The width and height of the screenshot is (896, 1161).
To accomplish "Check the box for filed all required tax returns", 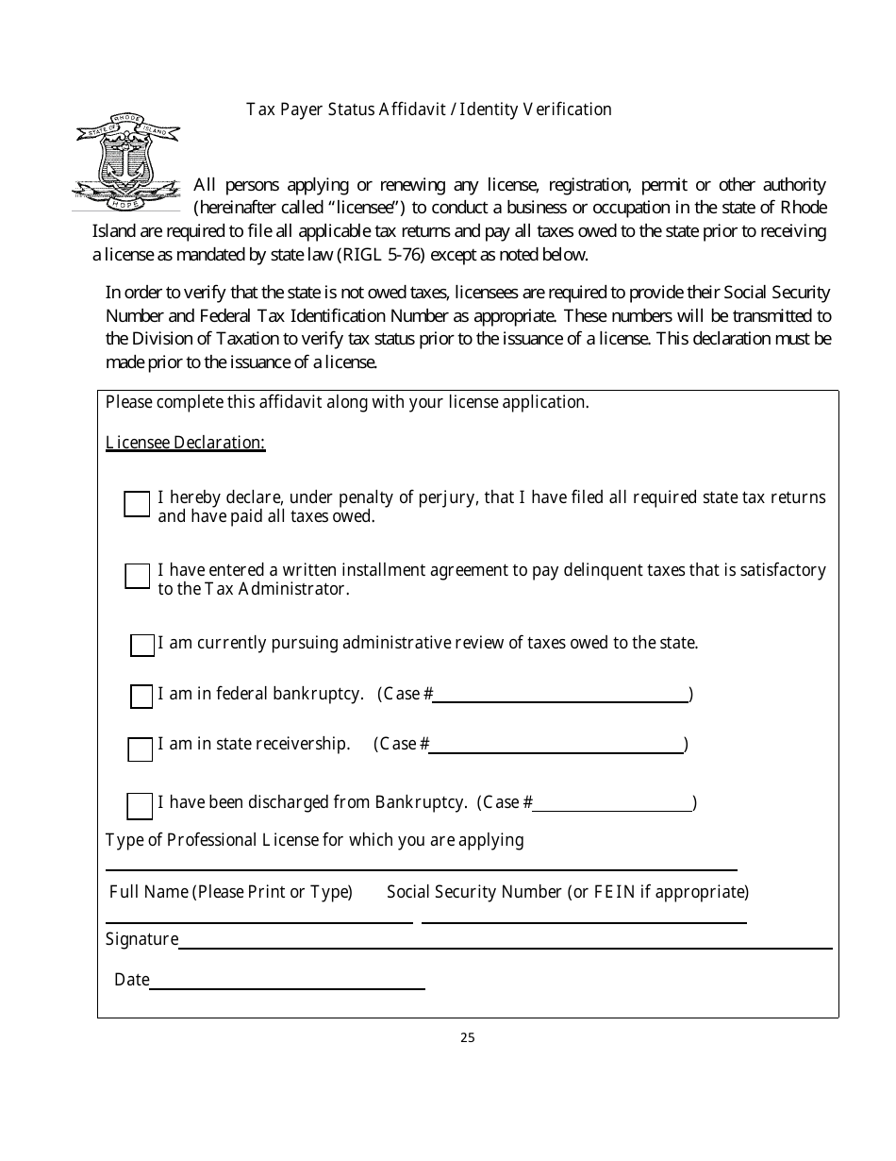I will [x=137, y=504].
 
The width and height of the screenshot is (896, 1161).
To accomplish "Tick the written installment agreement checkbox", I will [x=137, y=576].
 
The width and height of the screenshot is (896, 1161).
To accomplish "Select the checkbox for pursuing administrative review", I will [x=142, y=646].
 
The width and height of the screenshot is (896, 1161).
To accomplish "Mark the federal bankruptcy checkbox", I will [x=141, y=697].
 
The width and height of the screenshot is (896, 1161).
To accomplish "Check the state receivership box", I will [x=140, y=749].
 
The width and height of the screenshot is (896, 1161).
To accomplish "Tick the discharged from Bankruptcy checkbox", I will [x=140, y=806].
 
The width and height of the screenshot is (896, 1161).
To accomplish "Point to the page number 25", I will [x=468, y=1038].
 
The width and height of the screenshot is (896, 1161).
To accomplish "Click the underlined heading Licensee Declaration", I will [x=186, y=443].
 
